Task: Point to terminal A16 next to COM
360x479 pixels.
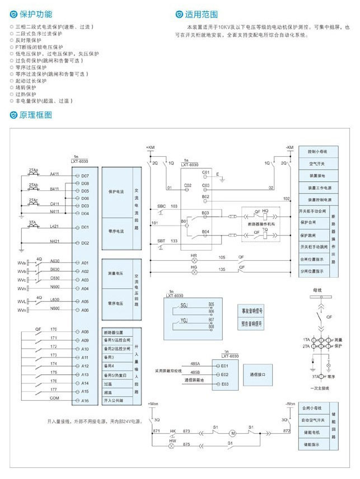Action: click(x=85, y=401)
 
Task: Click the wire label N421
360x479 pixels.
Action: click(x=55, y=242)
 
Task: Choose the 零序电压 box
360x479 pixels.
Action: click(x=116, y=303)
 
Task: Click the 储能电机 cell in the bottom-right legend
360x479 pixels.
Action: click(x=312, y=432)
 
